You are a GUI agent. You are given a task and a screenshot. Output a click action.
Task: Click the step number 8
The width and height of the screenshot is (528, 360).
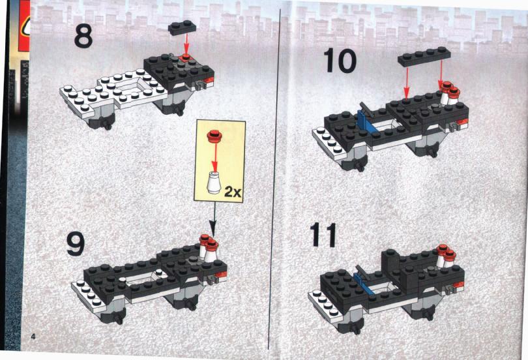pos(83,36)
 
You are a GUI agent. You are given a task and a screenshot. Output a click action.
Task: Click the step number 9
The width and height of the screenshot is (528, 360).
pos(76,243)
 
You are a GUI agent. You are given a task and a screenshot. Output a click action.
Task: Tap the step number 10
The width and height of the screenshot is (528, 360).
pos(340,61)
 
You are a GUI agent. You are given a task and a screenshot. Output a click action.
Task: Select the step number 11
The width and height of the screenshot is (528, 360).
pos(323,235)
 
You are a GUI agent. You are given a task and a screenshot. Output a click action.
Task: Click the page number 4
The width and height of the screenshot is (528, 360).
pos(33,336)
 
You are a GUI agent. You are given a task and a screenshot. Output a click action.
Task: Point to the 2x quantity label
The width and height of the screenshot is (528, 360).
pos(233,192)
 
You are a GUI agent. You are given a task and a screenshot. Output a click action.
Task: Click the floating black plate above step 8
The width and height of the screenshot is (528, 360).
pos(182,27)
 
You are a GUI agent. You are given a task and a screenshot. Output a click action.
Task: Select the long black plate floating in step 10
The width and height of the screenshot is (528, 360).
pos(424,56)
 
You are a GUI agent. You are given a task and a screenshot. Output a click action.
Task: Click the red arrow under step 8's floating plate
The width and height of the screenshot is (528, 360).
pos(186,44)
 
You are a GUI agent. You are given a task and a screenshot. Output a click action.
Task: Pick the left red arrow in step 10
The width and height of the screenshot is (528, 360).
pos(407,81)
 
